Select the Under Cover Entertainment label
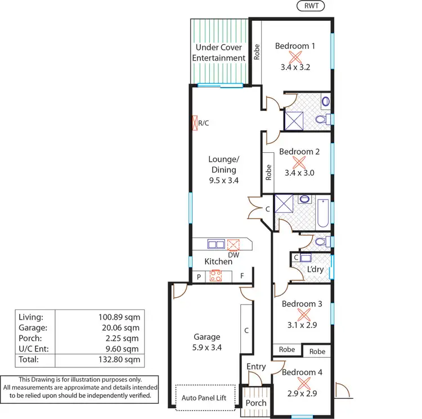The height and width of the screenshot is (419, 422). [x=219, y=53]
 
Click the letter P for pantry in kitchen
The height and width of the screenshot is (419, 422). [x=198, y=276]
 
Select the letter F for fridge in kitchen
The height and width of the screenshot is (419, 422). [x=242, y=276]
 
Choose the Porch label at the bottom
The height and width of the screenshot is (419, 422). [x=255, y=403]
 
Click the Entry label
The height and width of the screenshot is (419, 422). [x=256, y=367]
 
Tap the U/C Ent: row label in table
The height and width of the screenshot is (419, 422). [x=33, y=349]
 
